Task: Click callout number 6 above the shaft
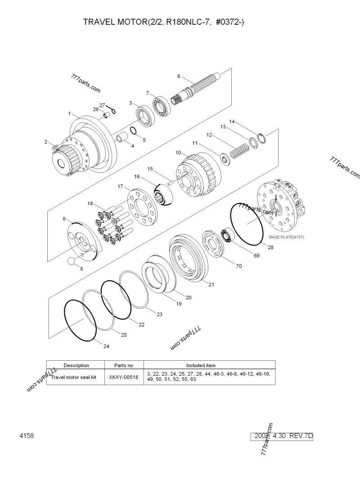[179, 76]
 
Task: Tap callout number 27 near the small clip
[102, 104]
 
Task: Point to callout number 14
[232, 121]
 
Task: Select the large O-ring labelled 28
[247, 224]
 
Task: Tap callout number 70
[238, 266]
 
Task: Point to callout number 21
[211, 284]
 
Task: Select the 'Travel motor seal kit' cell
[74, 378]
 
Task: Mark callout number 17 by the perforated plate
[120, 186]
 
